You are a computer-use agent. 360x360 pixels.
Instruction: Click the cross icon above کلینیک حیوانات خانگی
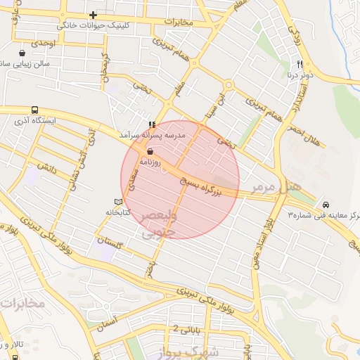(x=93, y=15)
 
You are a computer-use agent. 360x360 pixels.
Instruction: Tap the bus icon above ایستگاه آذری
(x=34, y=110)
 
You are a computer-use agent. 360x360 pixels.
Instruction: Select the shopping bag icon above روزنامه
(x=149, y=151)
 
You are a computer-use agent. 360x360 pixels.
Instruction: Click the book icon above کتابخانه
(x=118, y=202)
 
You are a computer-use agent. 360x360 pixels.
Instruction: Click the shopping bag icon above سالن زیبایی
(x=22, y=53)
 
